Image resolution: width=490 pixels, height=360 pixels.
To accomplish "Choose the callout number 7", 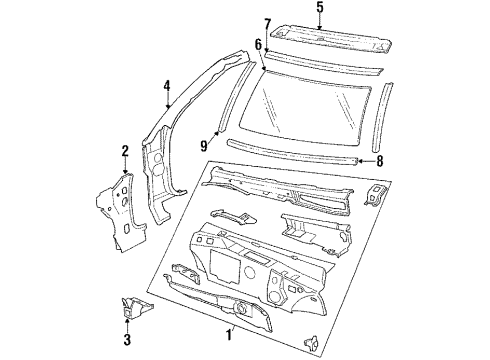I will [x=267, y=24].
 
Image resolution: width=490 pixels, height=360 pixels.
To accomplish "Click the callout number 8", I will [x=378, y=160].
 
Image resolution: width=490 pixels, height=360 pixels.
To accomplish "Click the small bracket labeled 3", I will [x=127, y=307].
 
